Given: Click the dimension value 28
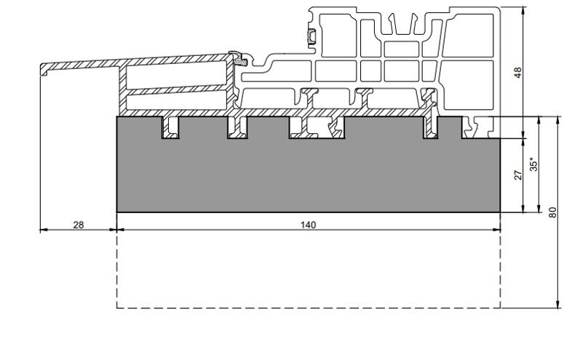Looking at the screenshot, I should (x=78, y=225).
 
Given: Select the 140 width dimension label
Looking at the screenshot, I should (x=308, y=225).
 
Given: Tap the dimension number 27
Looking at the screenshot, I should (x=518, y=175).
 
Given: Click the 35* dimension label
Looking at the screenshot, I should (x=533, y=164).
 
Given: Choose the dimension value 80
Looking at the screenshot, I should (x=552, y=212).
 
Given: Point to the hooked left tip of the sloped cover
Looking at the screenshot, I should (x=42, y=70).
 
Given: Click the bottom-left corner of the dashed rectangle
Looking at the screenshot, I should (x=117, y=308).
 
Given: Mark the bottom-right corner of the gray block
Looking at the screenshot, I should (x=500, y=212).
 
